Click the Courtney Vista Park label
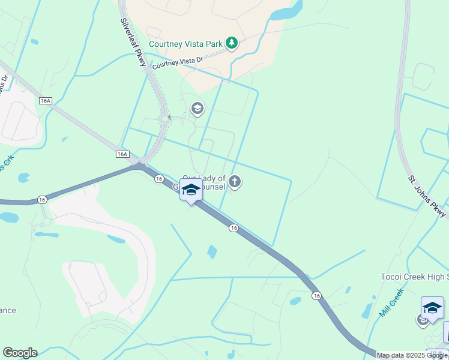click(x=185, y=43)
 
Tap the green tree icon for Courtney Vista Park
click(x=232, y=43)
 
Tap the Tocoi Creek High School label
click(x=414, y=277)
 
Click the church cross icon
click(x=235, y=181)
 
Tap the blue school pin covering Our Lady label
click(x=191, y=191)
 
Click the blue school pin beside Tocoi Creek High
click(x=432, y=308)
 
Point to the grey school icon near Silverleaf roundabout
click(x=196, y=109)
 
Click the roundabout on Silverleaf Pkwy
click(x=164, y=119)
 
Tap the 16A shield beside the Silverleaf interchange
click(x=122, y=154)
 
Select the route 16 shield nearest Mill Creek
click(x=316, y=296)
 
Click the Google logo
click(x=20, y=353)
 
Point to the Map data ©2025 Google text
click(x=412, y=355)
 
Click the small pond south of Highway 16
click(x=212, y=251)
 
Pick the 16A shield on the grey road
click(x=46, y=101)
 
